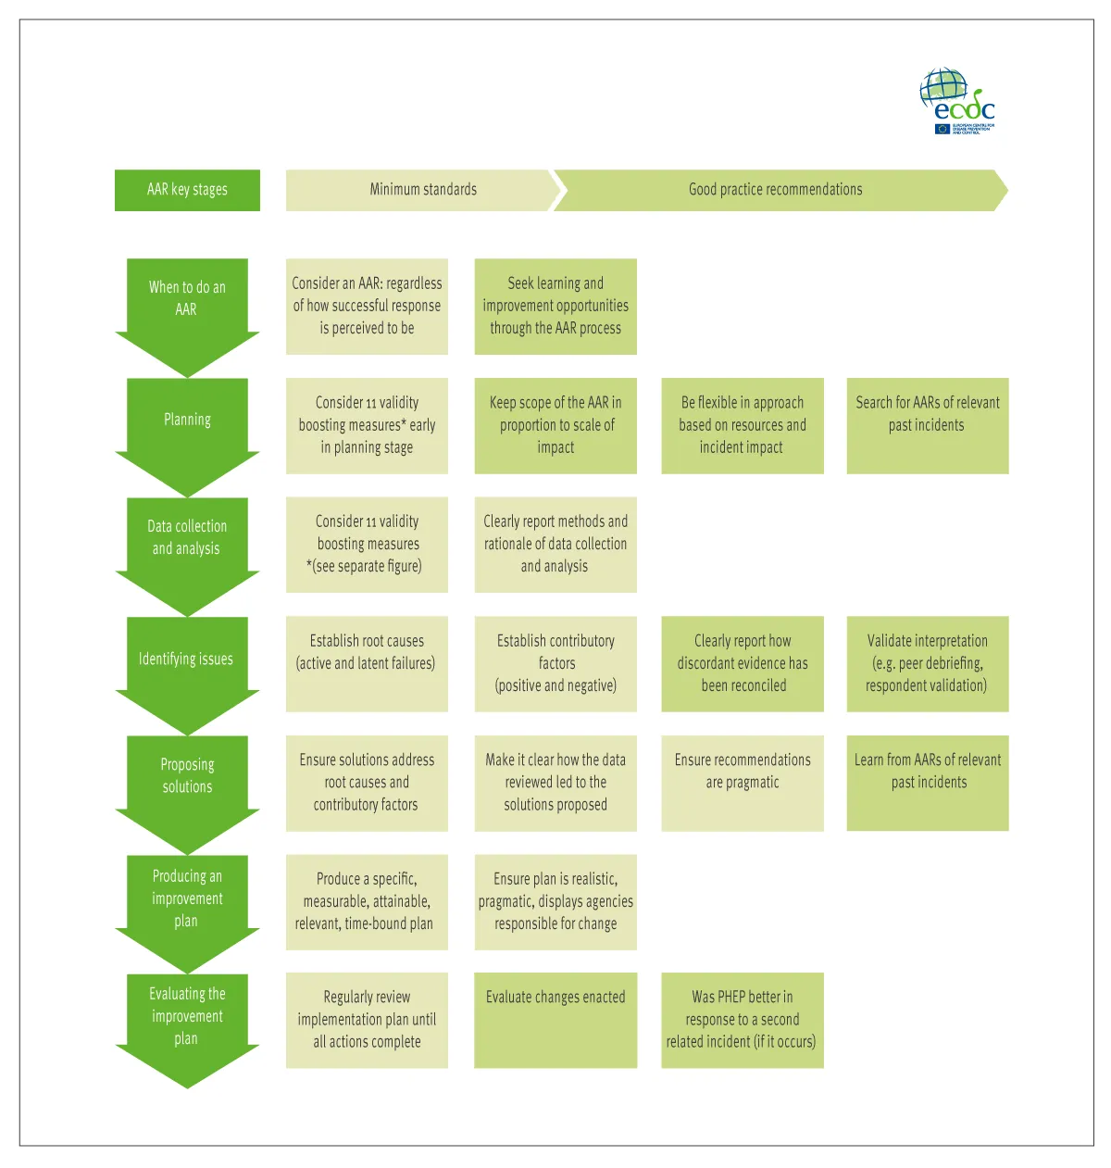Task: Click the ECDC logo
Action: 957,101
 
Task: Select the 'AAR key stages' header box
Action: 187,190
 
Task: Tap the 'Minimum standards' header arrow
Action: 422,190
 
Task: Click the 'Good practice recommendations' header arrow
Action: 776,190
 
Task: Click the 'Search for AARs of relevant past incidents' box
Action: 927,426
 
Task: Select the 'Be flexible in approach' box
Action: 742,426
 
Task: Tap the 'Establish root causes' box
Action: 367,664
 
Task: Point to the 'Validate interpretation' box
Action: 927,664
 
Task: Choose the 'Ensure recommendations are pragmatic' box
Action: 742,783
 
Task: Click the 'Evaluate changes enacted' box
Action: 555,1020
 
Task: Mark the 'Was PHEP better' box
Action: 742,1020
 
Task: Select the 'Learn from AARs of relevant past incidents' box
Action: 927,783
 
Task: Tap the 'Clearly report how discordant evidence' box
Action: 742,664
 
